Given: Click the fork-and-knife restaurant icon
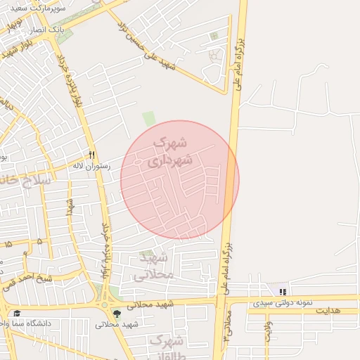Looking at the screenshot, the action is point(91,155).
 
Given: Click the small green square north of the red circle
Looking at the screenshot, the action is point(148,119).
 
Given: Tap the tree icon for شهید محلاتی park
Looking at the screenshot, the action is point(117,313).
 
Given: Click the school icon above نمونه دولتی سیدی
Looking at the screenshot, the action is point(283,291).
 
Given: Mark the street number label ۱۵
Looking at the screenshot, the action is point(7,243).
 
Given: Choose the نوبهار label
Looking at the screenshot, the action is point(12,27).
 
